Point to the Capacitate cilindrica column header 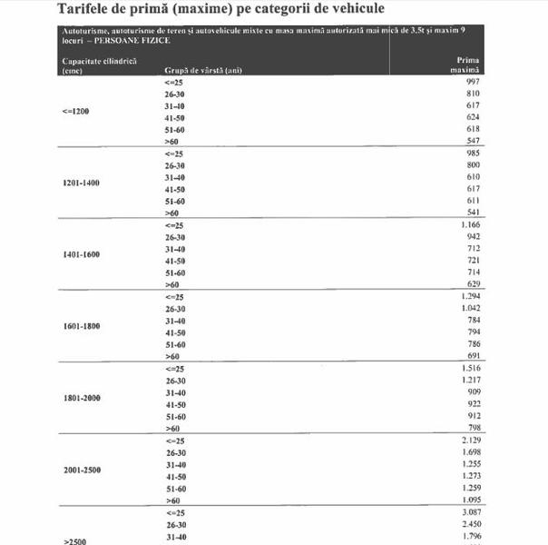[86, 64]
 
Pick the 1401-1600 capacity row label [81, 254]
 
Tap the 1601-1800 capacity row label [81, 326]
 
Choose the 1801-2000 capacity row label [81, 398]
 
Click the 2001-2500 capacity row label [81, 471]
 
